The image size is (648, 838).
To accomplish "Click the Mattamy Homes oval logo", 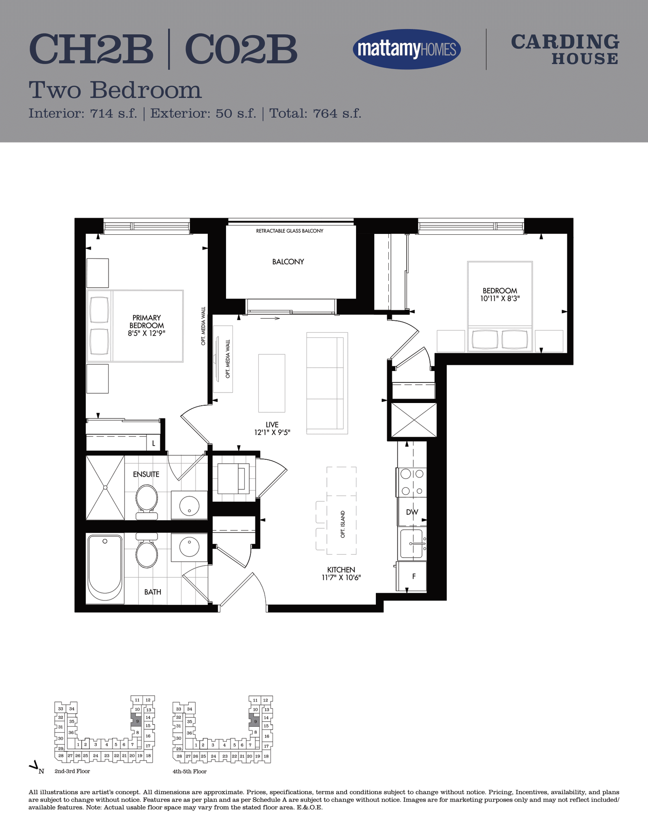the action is click(x=407, y=49).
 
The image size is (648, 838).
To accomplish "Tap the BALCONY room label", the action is click(x=288, y=262).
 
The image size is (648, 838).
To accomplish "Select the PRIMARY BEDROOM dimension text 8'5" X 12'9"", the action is click(x=147, y=333).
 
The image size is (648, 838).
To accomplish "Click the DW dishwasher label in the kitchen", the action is click(x=412, y=512).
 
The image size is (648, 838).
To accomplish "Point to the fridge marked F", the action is click(x=411, y=576).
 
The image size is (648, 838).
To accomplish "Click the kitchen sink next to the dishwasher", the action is click(x=411, y=543).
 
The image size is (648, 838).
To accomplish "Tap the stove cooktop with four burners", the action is click(x=411, y=482).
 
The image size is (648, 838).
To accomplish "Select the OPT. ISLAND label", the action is click(x=343, y=524).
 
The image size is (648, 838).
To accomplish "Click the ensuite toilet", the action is click(x=146, y=502).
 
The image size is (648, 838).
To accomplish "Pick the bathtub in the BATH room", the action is click(x=105, y=568).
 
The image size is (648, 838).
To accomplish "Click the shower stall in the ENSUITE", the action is click(x=105, y=488).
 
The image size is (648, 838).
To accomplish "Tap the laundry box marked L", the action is click(x=153, y=443).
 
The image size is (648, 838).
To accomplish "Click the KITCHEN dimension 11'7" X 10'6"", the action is click(x=341, y=577).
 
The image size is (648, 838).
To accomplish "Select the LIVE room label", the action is click(x=272, y=424).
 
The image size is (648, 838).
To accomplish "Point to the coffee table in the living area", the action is click(x=272, y=383).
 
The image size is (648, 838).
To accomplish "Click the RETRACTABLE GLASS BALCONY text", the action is click(x=290, y=231).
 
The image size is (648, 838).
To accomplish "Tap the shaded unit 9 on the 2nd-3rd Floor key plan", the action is click(x=137, y=721).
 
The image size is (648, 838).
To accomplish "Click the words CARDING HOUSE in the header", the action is click(x=565, y=49).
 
